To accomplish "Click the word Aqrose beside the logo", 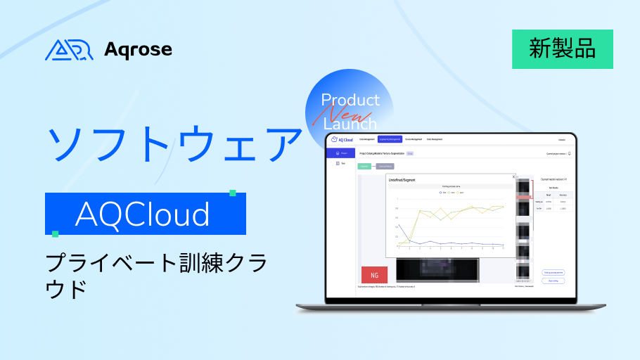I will click(138, 49).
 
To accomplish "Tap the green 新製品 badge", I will click(562, 49).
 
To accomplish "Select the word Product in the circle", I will click(350, 100).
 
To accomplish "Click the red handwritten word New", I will click(345, 112).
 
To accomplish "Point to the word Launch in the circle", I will click(351, 124).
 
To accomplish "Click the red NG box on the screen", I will click(374, 274).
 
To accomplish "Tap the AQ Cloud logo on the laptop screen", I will click(341, 139).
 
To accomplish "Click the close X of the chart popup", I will click(513, 177).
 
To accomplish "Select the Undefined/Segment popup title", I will click(402, 181).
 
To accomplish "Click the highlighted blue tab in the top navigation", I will click(390, 139).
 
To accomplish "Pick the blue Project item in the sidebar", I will click(342, 153).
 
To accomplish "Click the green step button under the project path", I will click(365, 166).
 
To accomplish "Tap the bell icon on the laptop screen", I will click(569, 153).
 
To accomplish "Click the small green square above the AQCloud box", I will click(232, 193).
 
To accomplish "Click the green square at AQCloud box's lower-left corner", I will click(55, 233).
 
